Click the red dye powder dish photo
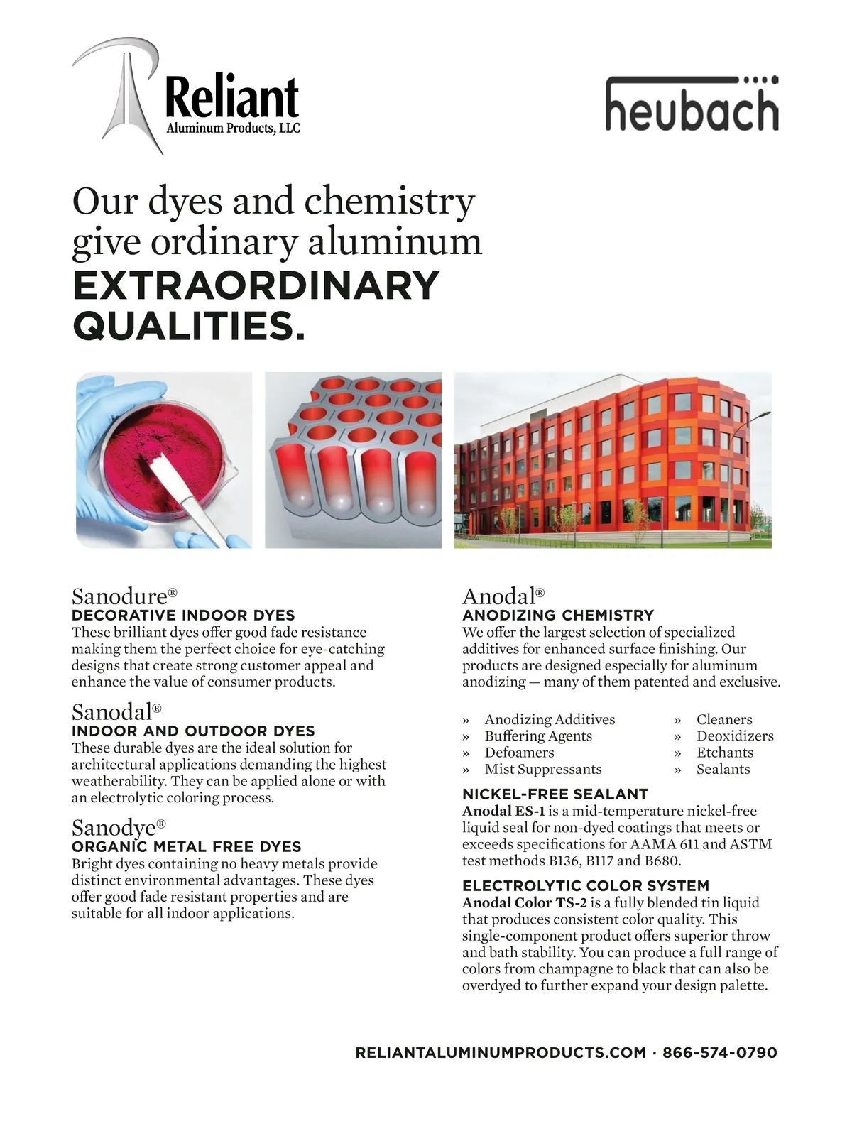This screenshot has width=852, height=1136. click(x=164, y=460)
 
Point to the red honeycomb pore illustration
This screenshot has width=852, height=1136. click(x=353, y=460)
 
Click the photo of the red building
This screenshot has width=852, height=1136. click(x=612, y=460)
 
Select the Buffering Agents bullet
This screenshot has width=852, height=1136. click(x=538, y=736)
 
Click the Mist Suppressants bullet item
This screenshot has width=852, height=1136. click(x=543, y=769)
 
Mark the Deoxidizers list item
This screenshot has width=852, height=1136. click(x=735, y=736)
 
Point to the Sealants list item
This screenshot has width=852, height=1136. click(x=723, y=769)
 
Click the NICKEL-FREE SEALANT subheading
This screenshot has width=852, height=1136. click(x=555, y=794)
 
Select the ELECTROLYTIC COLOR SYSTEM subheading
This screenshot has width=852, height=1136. click(x=586, y=885)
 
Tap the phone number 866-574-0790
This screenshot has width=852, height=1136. click(x=719, y=1052)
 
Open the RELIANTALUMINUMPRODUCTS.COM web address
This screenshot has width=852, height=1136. click(x=501, y=1052)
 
